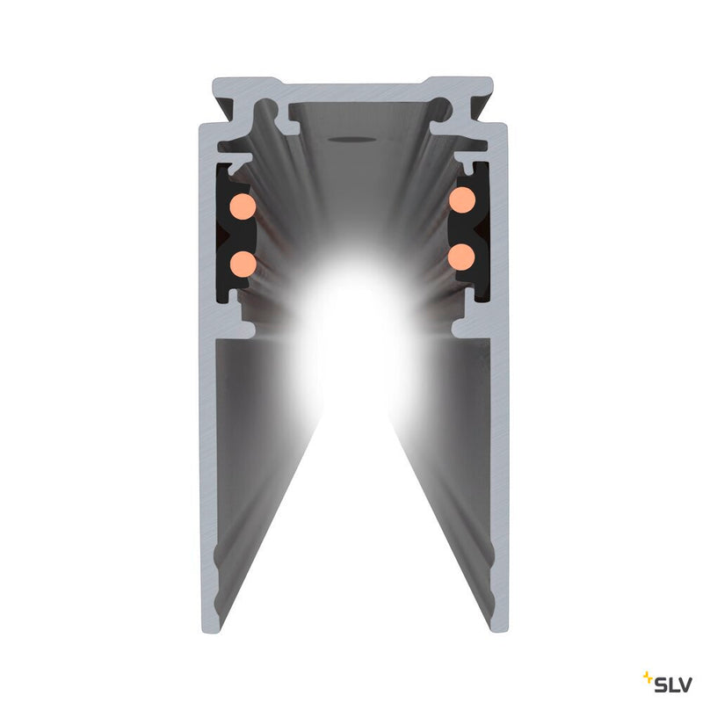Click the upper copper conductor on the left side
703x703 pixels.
[x=243, y=207]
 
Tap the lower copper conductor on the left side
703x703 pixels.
[x=243, y=263]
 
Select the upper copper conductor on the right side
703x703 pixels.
[x=461, y=199]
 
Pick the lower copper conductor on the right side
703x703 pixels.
[x=460, y=257]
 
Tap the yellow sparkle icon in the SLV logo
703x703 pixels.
[x=649, y=677]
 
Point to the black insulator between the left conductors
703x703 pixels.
[x=230, y=235]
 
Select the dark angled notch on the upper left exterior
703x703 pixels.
[x=225, y=111]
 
